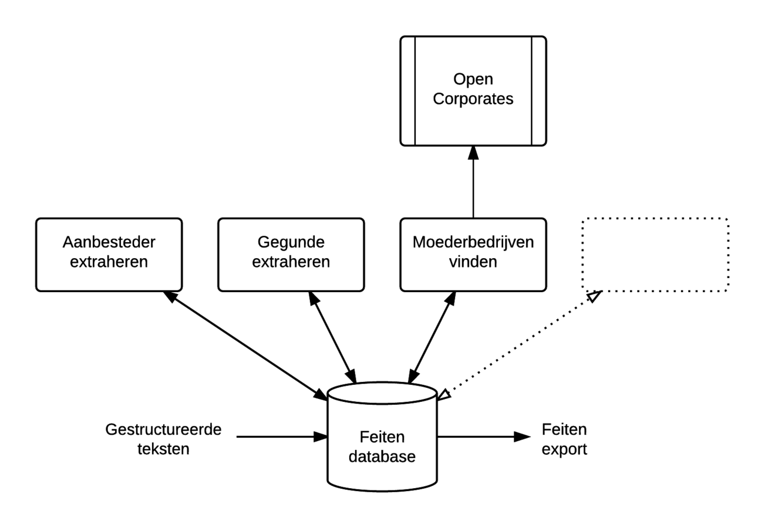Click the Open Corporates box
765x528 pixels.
pos(473,91)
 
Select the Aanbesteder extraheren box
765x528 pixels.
pos(109,255)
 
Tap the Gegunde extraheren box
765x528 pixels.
pos(291,255)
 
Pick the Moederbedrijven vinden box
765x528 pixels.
pos(473,255)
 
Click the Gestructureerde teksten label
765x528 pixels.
pos(163,439)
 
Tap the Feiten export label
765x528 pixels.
pos(564,439)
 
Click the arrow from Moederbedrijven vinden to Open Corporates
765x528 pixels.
pos(473,182)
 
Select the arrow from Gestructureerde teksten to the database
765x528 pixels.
pos(282,436)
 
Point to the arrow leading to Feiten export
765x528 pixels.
pos(484,436)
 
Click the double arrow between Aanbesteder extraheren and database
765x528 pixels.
pos(245,346)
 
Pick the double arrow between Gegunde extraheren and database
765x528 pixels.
pos(333,337)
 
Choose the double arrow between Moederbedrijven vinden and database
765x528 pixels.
pos(432,337)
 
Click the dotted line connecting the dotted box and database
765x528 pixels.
pos(520,345)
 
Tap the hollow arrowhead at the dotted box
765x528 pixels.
pos(594,296)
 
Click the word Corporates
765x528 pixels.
pos(473,99)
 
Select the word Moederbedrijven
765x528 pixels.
pos(473,242)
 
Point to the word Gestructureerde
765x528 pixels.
pos(163,429)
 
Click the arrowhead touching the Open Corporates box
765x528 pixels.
pos(473,153)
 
